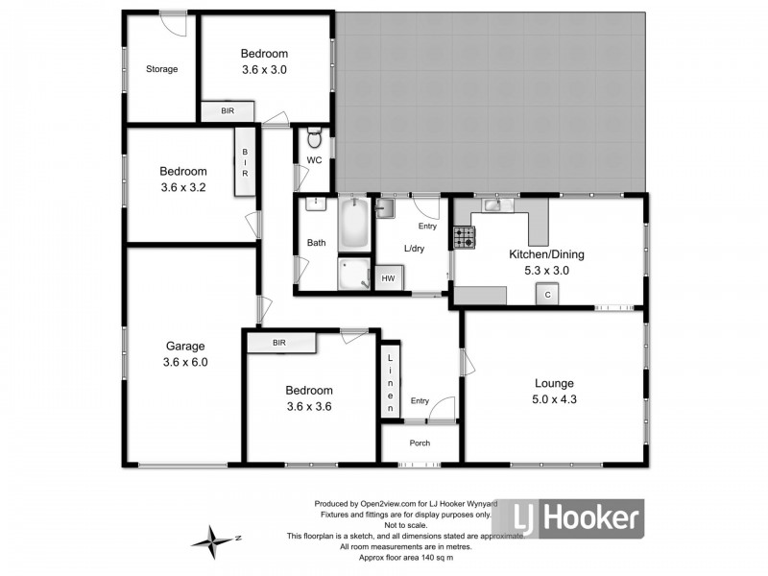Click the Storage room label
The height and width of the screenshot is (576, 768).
[161, 69]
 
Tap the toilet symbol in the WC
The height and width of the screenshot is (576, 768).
[314, 135]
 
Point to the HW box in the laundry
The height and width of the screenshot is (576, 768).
[389, 278]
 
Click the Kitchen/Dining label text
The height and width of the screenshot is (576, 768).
[545, 254]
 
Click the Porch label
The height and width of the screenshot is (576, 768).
[420, 443]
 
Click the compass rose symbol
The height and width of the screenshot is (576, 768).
[213, 540]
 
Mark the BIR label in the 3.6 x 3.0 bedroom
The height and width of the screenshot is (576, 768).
[227, 112]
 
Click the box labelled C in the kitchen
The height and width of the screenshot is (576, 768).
[548, 295]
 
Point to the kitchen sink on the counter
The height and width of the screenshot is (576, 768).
[493, 203]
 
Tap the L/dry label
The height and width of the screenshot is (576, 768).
[415, 249]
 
